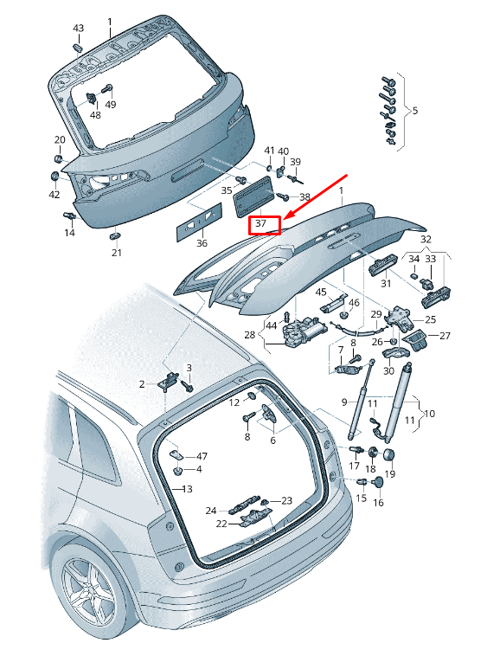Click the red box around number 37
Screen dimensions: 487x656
[x=264, y=225]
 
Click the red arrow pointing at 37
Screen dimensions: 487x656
[x=315, y=196]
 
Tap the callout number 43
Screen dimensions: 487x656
[x=78, y=28]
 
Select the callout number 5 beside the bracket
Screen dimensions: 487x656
[x=414, y=111]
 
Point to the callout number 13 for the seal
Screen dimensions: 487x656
[x=187, y=489]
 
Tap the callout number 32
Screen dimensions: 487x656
[x=426, y=240]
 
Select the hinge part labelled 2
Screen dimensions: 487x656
[x=169, y=381]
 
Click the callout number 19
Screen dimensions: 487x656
[x=389, y=473]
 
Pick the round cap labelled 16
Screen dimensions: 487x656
[x=379, y=482]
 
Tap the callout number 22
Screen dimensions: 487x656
[x=221, y=524]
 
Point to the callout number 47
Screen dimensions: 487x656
[x=202, y=456]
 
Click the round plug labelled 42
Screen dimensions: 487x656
[x=54, y=176]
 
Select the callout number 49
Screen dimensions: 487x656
[x=111, y=104]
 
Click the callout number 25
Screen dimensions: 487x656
[x=430, y=319]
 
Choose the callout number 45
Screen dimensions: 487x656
[x=321, y=292]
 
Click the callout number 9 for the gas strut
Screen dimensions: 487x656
[x=344, y=402]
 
